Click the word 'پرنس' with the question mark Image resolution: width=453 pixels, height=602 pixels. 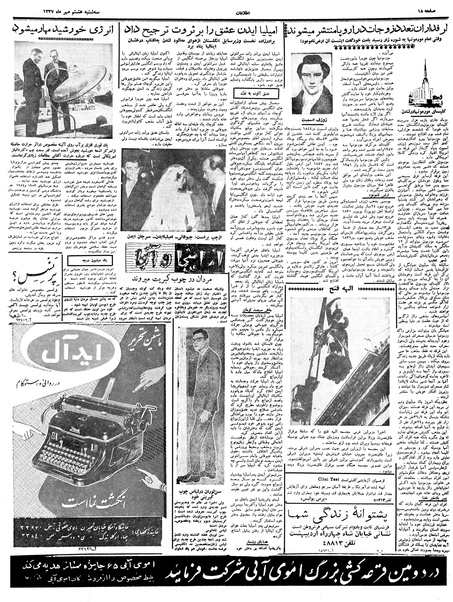click(35, 296)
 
